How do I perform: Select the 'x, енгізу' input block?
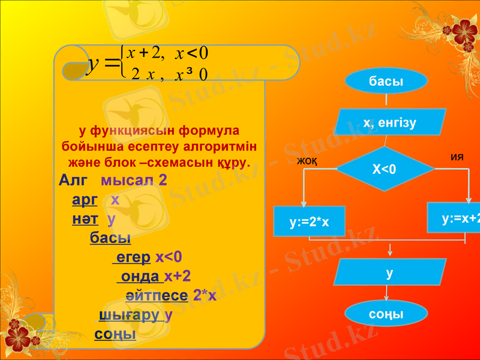(x=390, y=123)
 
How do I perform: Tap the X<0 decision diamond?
(x=385, y=169)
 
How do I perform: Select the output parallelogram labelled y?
(x=390, y=273)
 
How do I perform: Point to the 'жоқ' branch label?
(x=307, y=161)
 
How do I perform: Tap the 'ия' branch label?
(x=457, y=157)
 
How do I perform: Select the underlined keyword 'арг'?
(x=85, y=200)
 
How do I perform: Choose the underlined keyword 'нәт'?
(x=85, y=219)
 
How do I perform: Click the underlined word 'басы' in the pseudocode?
(x=110, y=238)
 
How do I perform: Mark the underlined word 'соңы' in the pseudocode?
(x=115, y=334)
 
